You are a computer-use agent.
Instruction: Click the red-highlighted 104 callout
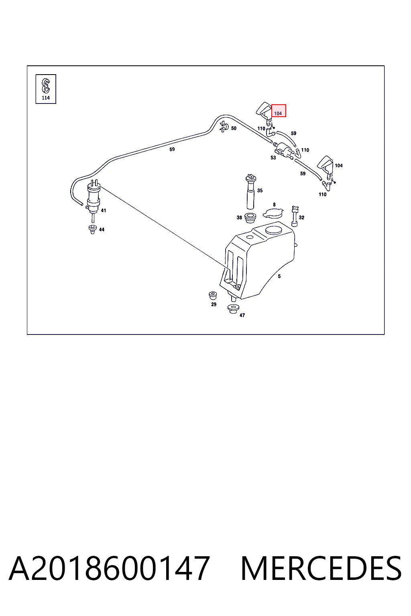point(278,111)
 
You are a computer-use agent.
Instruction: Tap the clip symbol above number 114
point(45,86)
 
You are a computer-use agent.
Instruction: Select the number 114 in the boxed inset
point(46,98)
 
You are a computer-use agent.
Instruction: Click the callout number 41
point(103,211)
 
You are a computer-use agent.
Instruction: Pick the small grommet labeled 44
point(92,229)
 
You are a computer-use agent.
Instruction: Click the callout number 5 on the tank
point(279,276)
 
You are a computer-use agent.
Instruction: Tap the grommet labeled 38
point(250,218)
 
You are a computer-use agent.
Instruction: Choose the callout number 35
point(260,190)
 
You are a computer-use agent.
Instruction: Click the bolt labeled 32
point(295,216)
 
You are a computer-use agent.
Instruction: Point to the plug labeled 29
point(213,296)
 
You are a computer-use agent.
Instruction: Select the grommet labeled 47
point(233,309)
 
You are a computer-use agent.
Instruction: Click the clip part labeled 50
point(224,127)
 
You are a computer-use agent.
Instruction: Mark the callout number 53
point(273,158)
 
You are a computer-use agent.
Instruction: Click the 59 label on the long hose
point(172,149)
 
